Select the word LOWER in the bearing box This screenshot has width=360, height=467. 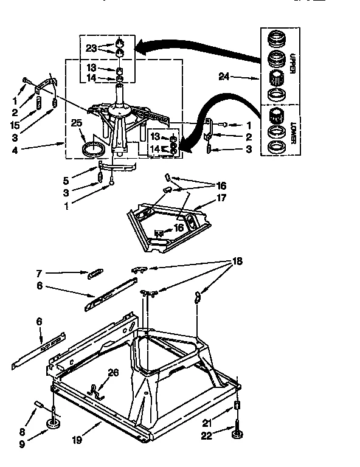[292, 131]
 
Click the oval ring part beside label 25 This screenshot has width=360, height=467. [93, 148]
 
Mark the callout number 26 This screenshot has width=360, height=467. [112, 373]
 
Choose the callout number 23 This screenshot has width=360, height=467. [91, 47]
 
